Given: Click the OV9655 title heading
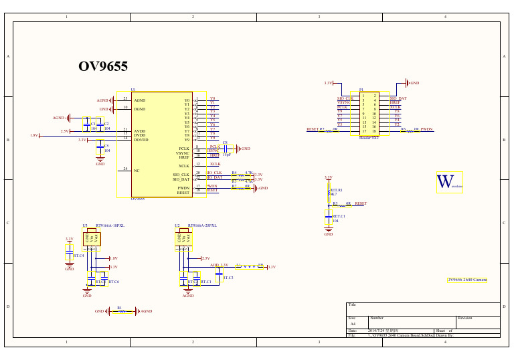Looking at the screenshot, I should click(103, 66).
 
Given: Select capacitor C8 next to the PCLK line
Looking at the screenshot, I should click(225, 148).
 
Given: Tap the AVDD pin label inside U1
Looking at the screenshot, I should click(140, 131).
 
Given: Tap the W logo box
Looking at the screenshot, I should click(449, 182).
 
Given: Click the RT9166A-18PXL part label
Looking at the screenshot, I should click(110, 226).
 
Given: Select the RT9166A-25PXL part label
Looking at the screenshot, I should click(202, 226).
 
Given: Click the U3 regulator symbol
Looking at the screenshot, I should click(92, 238).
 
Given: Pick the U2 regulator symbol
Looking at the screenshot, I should click(184, 238).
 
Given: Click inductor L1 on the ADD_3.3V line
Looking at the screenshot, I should click(248, 266).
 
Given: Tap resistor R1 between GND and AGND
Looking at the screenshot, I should click(120, 311).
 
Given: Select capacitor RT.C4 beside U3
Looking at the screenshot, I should click(69, 255).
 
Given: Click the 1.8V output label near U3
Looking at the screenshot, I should click(113, 258).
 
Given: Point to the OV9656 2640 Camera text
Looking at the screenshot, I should click(467, 280).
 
